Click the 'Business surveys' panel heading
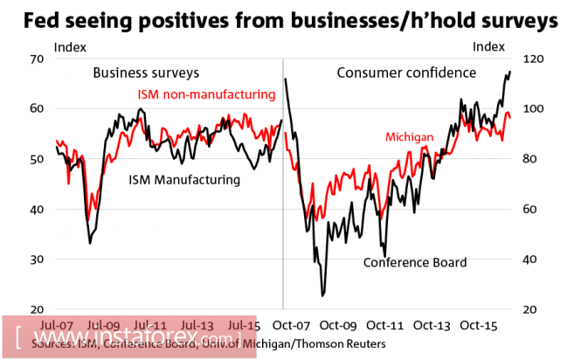click(146, 72)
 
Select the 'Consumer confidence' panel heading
click(406, 73)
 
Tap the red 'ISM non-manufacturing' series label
click(206, 93)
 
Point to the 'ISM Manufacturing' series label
click(184, 180)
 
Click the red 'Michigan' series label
click(410, 138)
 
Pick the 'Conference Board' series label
click(415, 261)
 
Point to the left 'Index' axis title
click(70, 45)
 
